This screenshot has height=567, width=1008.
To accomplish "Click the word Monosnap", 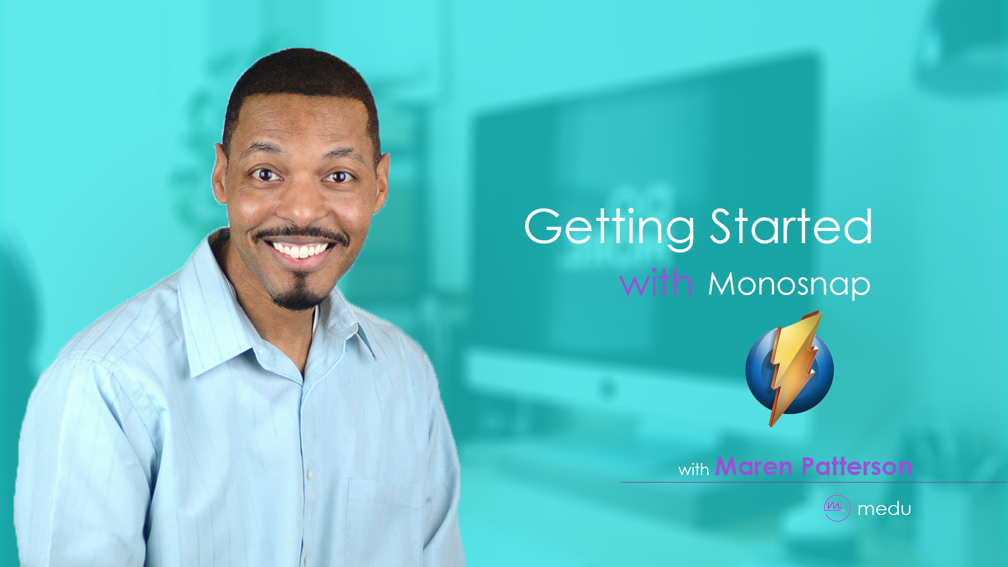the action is (x=789, y=285).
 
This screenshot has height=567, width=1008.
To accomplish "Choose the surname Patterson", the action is (x=857, y=466).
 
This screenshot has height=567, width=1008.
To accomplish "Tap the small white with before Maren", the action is (x=694, y=469).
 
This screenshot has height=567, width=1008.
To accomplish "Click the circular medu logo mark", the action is (x=837, y=508).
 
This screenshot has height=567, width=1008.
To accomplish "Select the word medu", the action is (x=884, y=508).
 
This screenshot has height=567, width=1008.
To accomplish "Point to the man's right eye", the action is (x=266, y=174).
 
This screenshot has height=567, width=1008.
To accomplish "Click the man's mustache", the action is (x=300, y=234).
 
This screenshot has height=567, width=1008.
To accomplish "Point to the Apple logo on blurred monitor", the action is (x=607, y=388).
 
